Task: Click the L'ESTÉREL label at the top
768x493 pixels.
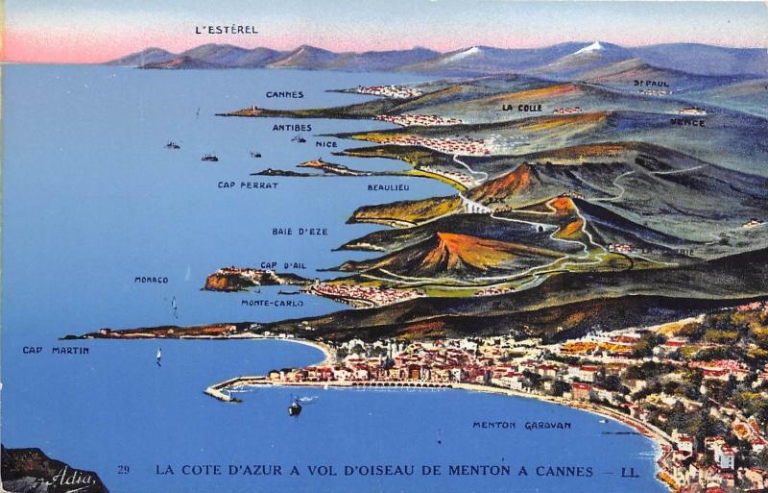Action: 227,30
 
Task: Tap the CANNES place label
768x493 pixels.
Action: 284,94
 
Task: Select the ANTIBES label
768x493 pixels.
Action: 291,127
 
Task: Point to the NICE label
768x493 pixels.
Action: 326,144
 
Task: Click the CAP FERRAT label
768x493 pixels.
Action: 248,185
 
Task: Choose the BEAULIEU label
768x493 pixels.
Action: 389,187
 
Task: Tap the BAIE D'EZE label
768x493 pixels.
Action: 300,231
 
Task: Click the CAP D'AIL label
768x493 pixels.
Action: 283,265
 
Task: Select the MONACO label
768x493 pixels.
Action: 151,280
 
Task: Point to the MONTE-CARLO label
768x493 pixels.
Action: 272,303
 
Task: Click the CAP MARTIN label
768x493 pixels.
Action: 56,350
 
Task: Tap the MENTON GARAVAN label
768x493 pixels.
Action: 521,425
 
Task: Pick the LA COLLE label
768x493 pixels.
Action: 521,108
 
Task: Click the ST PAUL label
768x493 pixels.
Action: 651,84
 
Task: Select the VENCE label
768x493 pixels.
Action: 687,122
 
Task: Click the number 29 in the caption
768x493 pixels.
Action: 123,470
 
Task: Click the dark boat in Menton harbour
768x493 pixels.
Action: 295,407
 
